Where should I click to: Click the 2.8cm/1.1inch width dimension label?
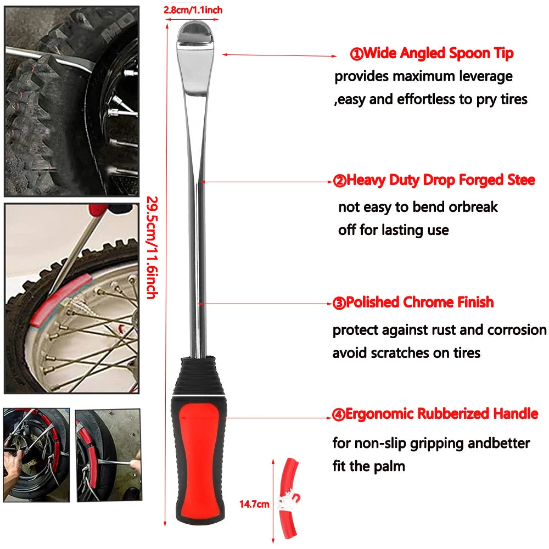[193, 10]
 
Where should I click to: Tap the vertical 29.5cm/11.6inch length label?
[152, 248]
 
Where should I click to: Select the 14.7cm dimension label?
[254, 504]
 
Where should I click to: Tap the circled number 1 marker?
[356, 54]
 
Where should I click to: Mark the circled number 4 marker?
[339, 414]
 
